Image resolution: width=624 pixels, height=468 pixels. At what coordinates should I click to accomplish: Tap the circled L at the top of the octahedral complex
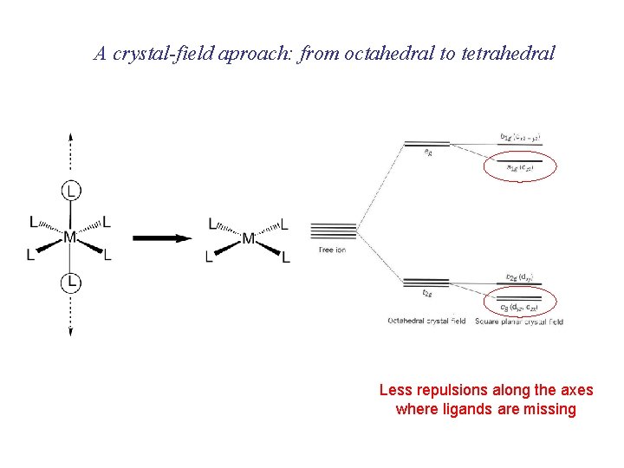71,189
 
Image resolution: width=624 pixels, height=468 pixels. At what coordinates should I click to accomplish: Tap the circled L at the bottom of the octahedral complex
71,282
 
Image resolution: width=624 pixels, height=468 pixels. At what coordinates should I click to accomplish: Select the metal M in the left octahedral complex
69,237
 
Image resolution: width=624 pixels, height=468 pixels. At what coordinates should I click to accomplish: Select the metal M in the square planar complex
249,237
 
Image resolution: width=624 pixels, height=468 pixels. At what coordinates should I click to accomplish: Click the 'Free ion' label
333,250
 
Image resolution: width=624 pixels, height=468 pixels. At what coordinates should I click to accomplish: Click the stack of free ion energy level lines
334,231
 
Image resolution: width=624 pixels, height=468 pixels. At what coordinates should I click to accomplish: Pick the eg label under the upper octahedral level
428,151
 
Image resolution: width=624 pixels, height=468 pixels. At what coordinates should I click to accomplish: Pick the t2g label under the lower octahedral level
428,292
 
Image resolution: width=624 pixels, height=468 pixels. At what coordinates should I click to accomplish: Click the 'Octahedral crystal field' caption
426,322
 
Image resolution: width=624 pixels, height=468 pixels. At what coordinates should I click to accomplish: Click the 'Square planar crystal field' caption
518,322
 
